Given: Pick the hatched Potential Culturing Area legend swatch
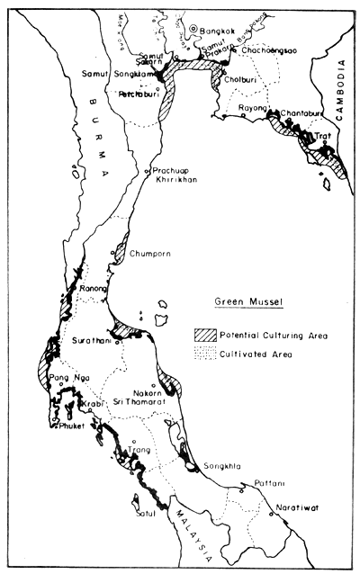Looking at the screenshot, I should coord(205,335).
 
